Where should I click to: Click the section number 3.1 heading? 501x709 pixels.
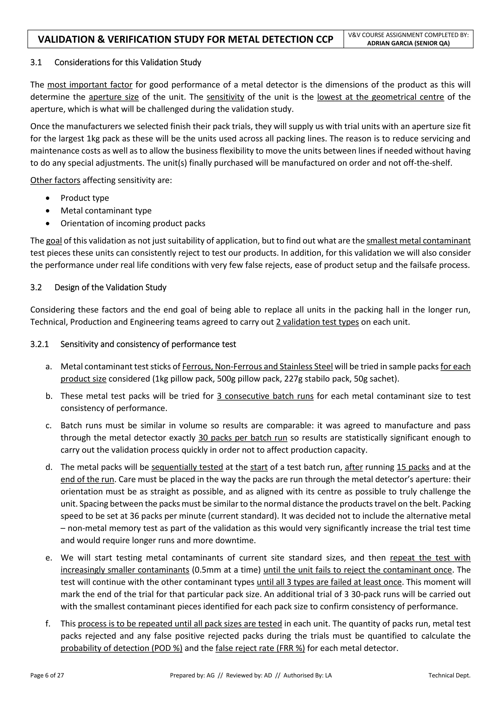click(x=36, y=62)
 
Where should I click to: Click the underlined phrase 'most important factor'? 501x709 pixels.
click(x=90, y=85)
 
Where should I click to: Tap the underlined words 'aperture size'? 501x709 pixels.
click(x=114, y=97)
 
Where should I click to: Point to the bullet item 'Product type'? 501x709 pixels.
click(x=85, y=198)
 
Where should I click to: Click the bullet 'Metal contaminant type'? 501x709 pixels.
click(x=106, y=211)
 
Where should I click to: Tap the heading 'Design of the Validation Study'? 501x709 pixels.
click(x=110, y=287)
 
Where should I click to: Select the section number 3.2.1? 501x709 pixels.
click(x=39, y=344)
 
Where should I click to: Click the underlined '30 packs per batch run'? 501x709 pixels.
click(x=242, y=438)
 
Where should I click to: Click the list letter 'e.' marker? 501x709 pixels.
click(x=48, y=558)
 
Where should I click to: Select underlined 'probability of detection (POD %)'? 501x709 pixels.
click(x=121, y=648)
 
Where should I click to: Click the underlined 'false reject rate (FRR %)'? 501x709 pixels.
click(x=260, y=648)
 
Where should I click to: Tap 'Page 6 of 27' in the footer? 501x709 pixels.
click(x=47, y=675)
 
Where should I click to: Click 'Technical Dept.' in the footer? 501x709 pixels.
click(x=449, y=675)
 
